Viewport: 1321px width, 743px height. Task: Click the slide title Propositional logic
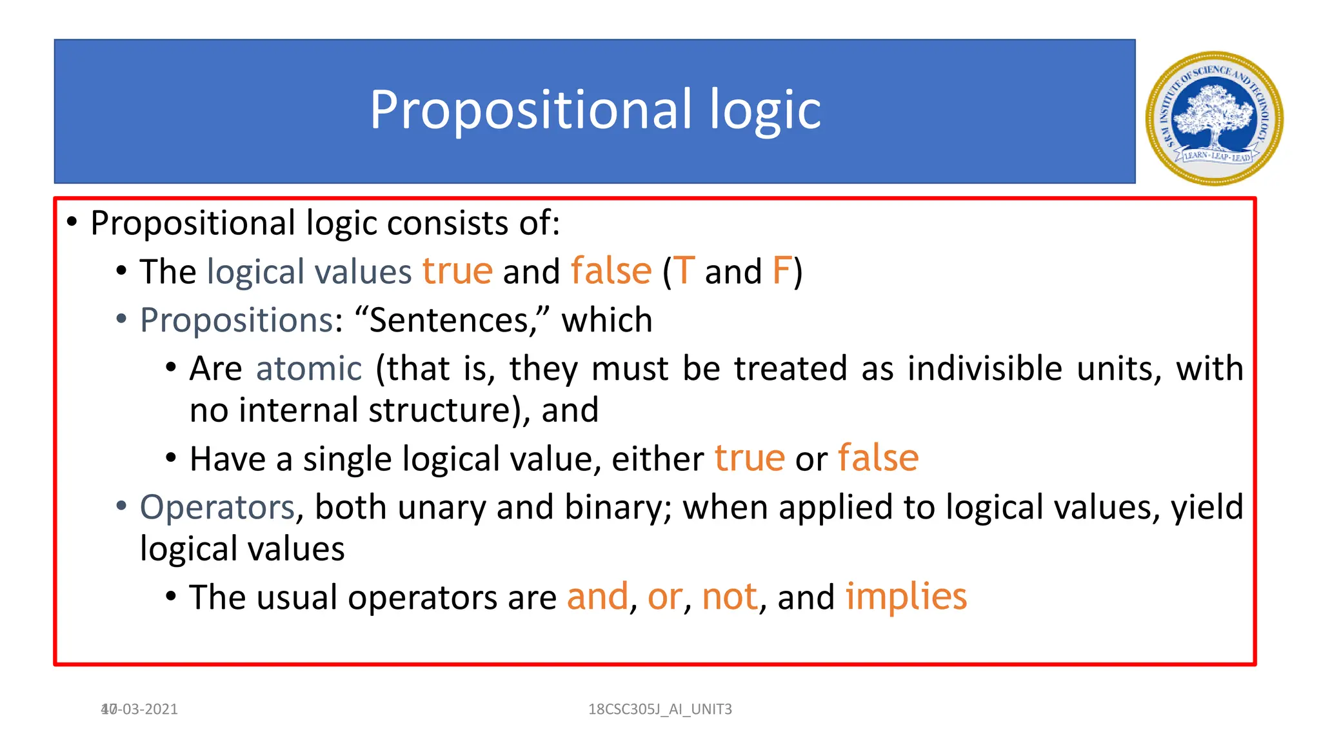point(594,110)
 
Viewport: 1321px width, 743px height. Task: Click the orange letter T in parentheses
point(684,271)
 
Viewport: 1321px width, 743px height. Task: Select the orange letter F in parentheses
point(781,271)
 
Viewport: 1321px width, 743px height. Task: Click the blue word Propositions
point(236,320)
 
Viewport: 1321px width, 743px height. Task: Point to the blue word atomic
point(308,369)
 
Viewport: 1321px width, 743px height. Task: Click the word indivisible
point(984,369)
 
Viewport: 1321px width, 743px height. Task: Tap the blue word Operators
point(217,507)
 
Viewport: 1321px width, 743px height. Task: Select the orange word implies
point(906,597)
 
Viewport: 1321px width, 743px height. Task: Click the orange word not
point(729,597)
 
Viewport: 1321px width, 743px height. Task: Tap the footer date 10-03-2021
point(139,709)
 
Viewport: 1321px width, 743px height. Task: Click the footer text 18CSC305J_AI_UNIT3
point(660,709)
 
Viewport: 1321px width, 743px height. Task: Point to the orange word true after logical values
point(457,271)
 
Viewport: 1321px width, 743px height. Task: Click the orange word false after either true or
point(878,459)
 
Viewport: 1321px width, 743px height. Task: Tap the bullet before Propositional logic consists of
point(72,223)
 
